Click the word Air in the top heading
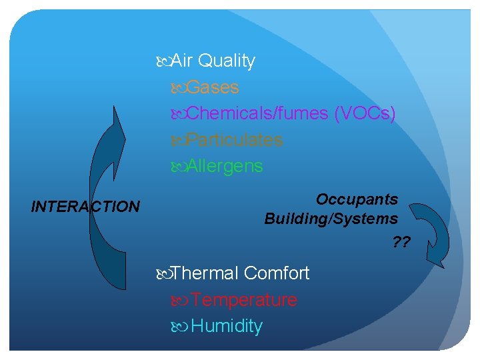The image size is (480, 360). coord(182,61)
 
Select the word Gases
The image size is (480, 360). coord(213,87)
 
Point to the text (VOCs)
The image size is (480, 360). coord(365,114)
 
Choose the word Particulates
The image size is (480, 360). coord(235,140)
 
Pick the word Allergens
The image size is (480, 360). coord(225,166)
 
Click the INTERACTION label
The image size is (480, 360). coord(85,207)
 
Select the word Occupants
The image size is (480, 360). coord(357,199)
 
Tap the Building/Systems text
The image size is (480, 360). coord(331,219)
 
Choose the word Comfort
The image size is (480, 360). coord(277,273)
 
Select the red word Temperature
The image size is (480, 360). coord(244,300)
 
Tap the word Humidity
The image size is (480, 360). coord(227,327)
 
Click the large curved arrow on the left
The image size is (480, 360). coord(105,200)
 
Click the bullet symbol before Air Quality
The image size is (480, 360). coord(165,61)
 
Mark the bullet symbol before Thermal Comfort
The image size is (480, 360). coord(165,274)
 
